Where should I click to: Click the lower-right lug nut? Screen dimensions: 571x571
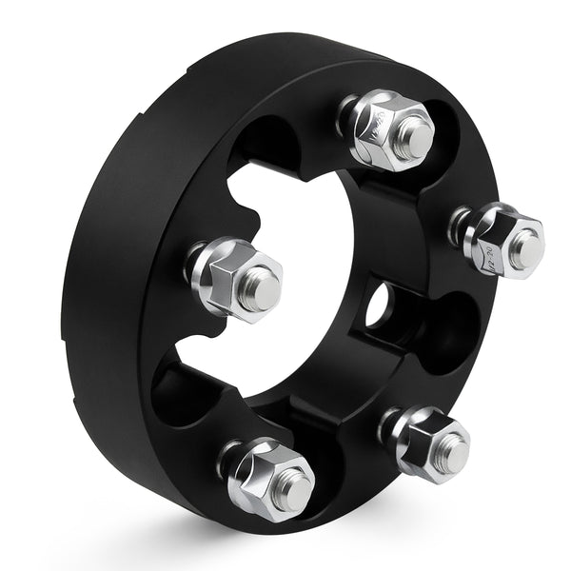pos(428,443)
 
